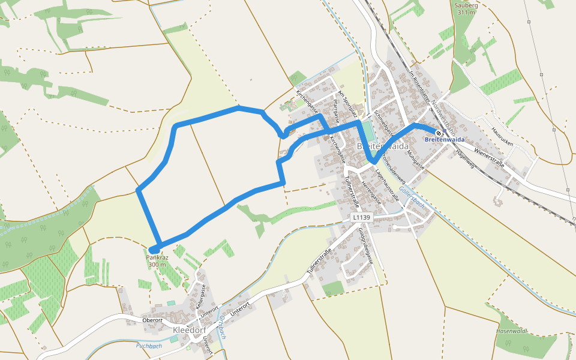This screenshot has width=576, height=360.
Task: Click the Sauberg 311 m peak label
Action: (466, 8)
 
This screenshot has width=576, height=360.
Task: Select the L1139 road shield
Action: (362, 217)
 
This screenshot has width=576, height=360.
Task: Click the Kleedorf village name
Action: (190, 330)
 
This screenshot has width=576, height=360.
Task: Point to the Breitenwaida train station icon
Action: (439, 133)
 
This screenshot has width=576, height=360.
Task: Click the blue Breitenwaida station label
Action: (445, 140)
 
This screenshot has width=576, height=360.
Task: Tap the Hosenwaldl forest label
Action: (511, 331)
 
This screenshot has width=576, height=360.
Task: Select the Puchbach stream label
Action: (149, 346)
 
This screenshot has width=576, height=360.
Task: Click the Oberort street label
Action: (152, 320)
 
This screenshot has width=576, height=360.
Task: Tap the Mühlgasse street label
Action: (415, 160)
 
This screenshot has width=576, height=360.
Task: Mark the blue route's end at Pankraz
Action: (154, 250)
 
